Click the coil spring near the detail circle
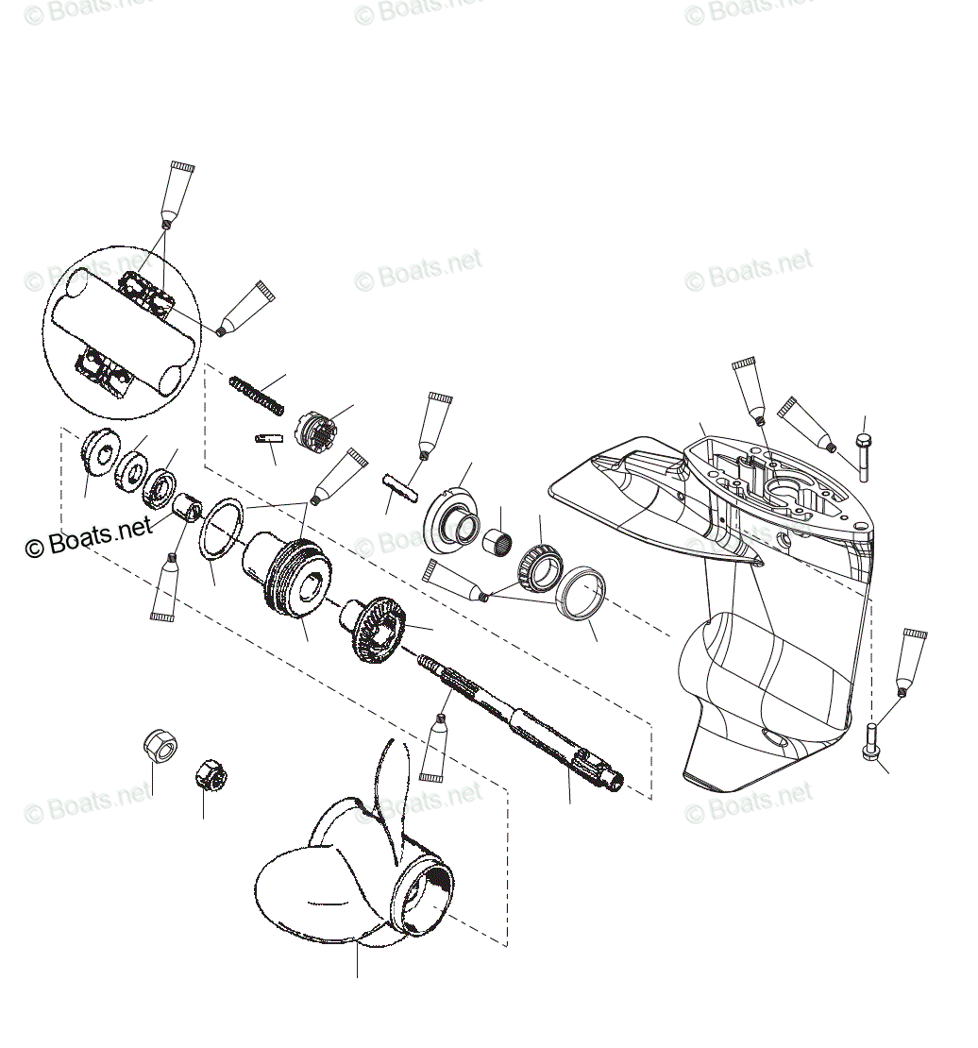[x=256, y=394]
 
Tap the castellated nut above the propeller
[x=211, y=776]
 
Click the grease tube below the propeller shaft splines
[x=434, y=751]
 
